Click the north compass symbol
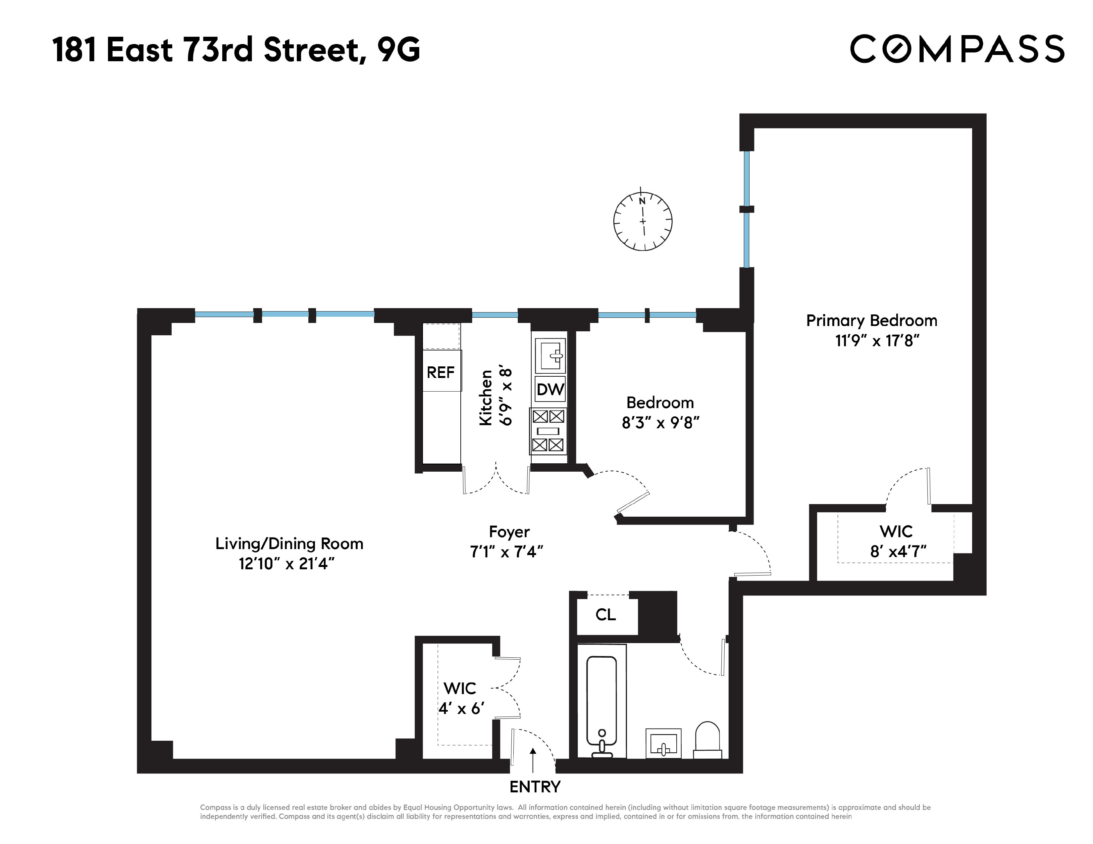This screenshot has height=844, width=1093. (x=643, y=221)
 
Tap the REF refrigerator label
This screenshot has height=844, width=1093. (x=441, y=372)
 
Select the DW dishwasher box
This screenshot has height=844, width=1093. (x=550, y=389)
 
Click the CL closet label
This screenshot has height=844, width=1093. (x=605, y=615)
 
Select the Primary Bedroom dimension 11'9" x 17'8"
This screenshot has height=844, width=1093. (x=877, y=341)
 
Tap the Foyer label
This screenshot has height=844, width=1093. (x=509, y=532)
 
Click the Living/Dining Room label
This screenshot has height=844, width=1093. (x=289, y=543)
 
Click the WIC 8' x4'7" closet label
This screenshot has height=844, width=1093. (x=897, y=541)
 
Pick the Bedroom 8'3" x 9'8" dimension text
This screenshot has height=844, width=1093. (x=660, y=423)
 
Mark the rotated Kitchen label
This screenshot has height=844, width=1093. (x=486, y=398)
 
